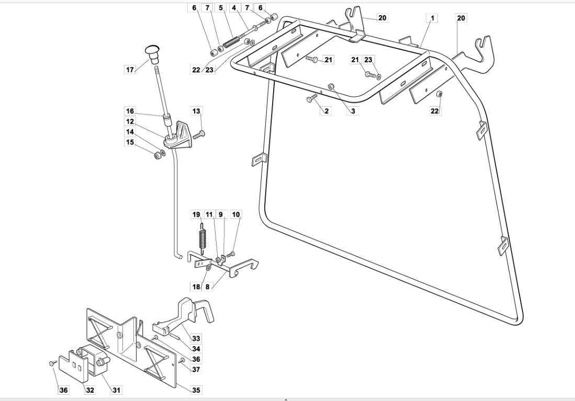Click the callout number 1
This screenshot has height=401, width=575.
click(433, 18)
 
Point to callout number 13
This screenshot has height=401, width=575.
click(196, 111)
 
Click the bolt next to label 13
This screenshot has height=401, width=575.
click(198, 135)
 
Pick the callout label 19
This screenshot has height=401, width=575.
click(196, 214)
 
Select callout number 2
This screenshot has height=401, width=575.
click(327, 111)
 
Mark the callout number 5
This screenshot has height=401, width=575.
click(221, 8)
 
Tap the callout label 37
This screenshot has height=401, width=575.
click(196, 369)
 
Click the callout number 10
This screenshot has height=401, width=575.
click(236, 214)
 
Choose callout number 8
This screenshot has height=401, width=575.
click(208, 287)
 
